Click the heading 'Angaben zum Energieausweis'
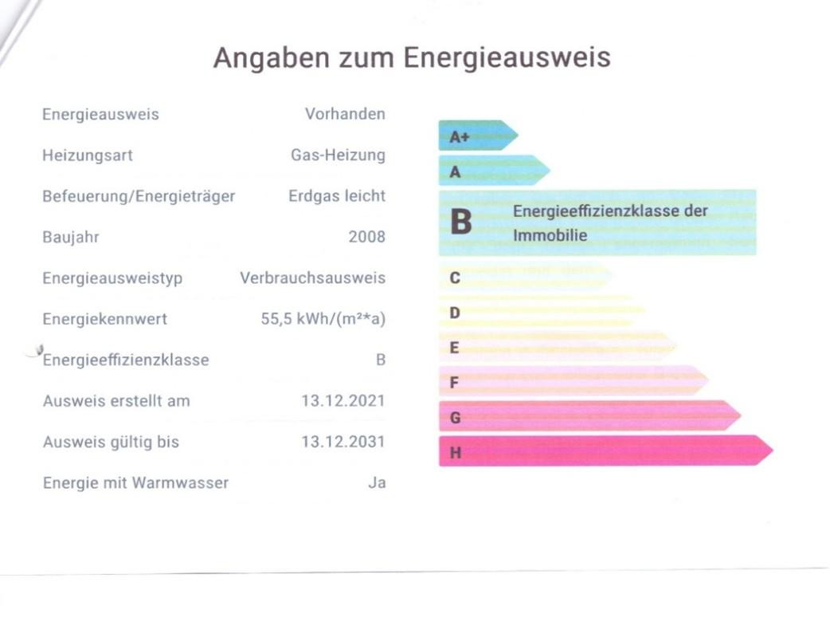[412, 57]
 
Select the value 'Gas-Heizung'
[338, 155]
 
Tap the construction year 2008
[366, 237]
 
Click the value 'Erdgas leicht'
[337, 196]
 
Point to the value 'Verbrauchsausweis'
[312, 278]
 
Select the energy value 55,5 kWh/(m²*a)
[323, 319]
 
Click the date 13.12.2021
[343, 400]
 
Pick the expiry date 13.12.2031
[343, 442]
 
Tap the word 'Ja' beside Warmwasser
[377, 482]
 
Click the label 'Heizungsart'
[88, 155]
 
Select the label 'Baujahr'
[71, 237]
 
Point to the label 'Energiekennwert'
[105, 319]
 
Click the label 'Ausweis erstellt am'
[116, 400]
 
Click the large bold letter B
[460, 222]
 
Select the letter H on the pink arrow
[456, 452]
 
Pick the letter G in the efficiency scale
[456, 417]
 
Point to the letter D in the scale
[455, 313]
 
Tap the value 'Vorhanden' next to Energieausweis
[345, 114]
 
